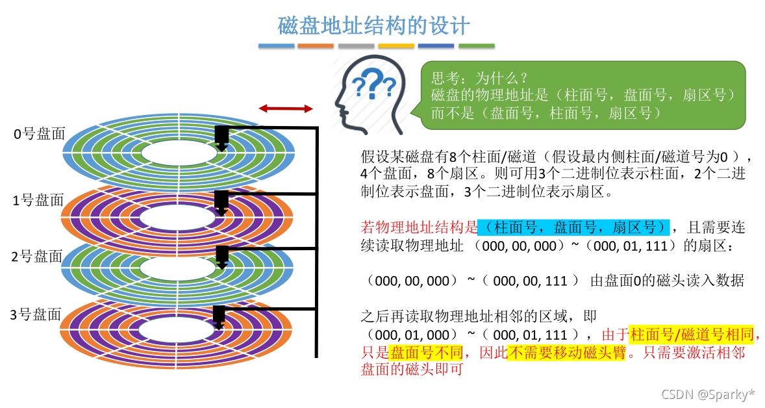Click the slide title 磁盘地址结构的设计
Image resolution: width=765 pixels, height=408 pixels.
click(374, 26)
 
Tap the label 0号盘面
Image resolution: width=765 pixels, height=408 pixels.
click(40, 134)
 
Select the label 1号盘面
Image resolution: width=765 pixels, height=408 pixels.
click(39, 200)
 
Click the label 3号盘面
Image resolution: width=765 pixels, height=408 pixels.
click(36, 315)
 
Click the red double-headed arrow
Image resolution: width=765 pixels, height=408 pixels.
click(286, 108)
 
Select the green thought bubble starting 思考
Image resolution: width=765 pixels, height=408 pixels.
click(583, 95)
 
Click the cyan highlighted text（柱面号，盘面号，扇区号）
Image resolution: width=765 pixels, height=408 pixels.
click(573, 227)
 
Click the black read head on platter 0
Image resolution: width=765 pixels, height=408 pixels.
click(221, 137)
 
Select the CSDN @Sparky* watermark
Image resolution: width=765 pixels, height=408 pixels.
click(708, 394)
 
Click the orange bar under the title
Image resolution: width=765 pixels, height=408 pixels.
click(316, 46)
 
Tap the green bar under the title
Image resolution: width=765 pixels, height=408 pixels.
click(476, 46)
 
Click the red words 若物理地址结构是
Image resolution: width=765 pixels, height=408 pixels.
click(419, 227)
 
